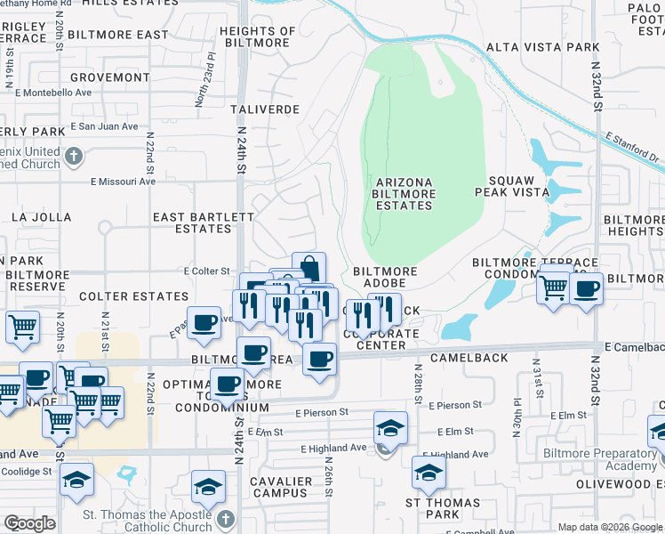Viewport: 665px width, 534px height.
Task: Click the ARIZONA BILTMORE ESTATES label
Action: tap(402, 194)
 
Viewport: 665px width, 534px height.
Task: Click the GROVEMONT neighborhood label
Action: tap(109, 77)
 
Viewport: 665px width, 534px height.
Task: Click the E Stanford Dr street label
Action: tap(634, 148)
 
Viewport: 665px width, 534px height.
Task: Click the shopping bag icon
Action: tap(308, 268)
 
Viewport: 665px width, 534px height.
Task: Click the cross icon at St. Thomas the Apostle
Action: tap(225, 518)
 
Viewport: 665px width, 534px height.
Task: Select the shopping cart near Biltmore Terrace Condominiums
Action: tap(554, 287)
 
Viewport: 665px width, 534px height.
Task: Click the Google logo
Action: tap(29, 523)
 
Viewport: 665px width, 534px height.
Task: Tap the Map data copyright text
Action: tap(610, 527)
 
